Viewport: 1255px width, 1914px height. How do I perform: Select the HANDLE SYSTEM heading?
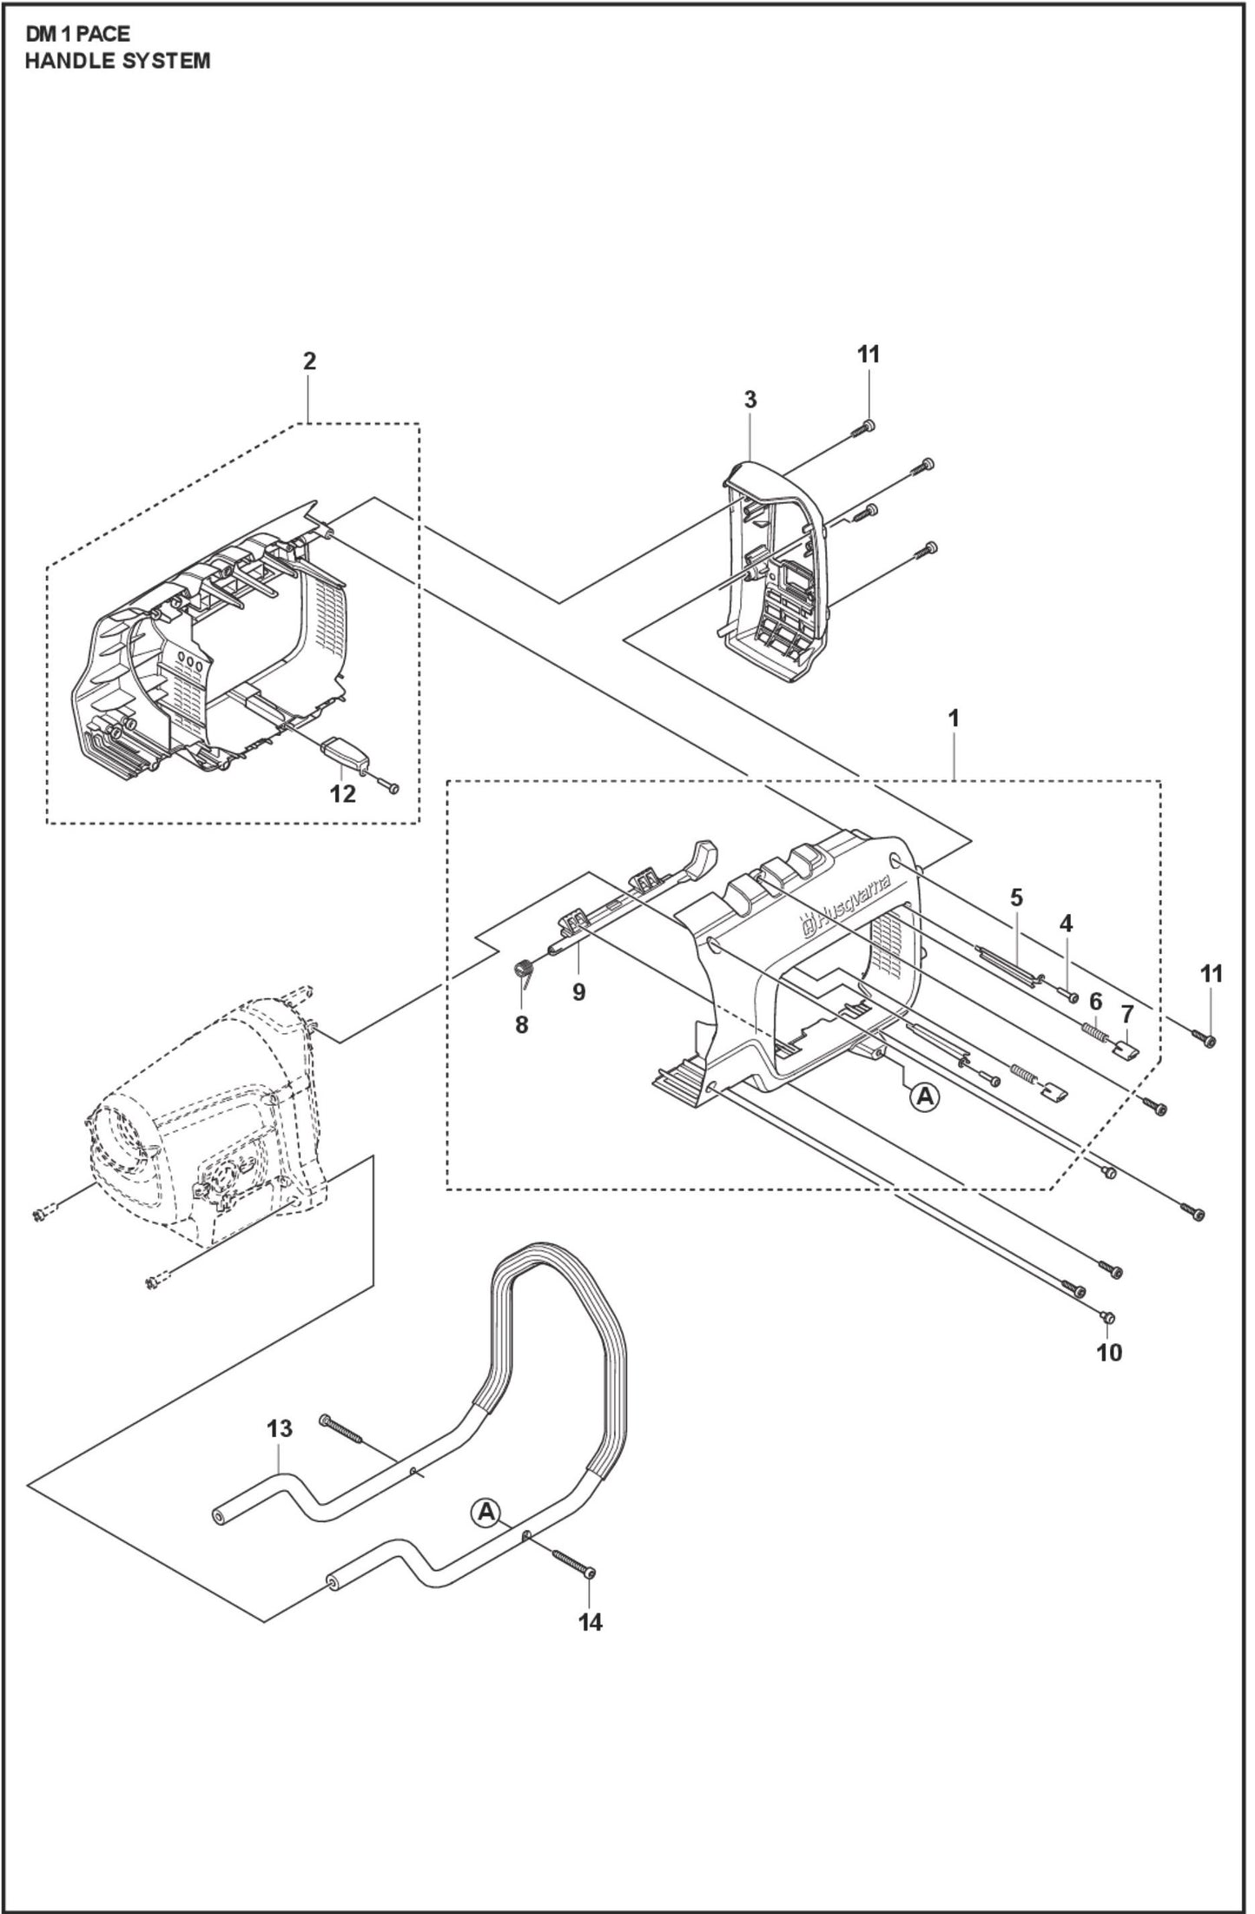coord(116,61)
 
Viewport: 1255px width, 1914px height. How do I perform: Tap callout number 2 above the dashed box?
coord(309,361)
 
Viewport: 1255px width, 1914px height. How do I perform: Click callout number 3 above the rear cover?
coord(750,400)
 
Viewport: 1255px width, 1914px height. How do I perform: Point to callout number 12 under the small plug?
coord(343,794)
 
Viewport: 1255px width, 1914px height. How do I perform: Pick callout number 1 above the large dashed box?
coord(954,719)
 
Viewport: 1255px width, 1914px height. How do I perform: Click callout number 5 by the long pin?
coord(1017,897)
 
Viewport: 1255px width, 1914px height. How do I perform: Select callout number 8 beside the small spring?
coord(521,1025)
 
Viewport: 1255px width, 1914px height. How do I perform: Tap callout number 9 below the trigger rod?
coord(578,992)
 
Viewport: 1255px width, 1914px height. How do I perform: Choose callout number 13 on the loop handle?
coord(280,1428)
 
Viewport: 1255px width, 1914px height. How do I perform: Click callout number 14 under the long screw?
coord(591,1621)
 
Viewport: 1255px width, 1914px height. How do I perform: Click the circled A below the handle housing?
coord(925,1097)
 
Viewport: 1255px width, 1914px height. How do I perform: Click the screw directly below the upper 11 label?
coord(869,426)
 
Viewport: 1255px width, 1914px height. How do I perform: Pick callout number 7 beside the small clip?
coord(1127,1013)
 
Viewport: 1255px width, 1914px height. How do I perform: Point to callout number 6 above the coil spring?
coord(1095,1002)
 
